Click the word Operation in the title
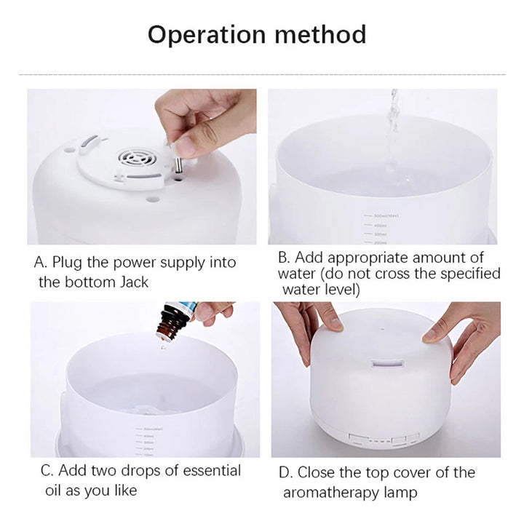tap(207, 35)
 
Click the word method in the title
tap(320, 34)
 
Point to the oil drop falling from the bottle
tap(163, 348)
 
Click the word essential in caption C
tap(212, 471)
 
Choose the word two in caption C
tap(103, 471)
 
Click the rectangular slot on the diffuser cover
tap(388, 363)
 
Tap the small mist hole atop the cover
tap(383, 329)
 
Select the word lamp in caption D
tap(400, 493)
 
